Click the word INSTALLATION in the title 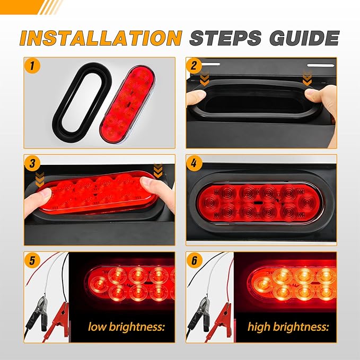point(100,38)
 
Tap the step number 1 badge point(33,67)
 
